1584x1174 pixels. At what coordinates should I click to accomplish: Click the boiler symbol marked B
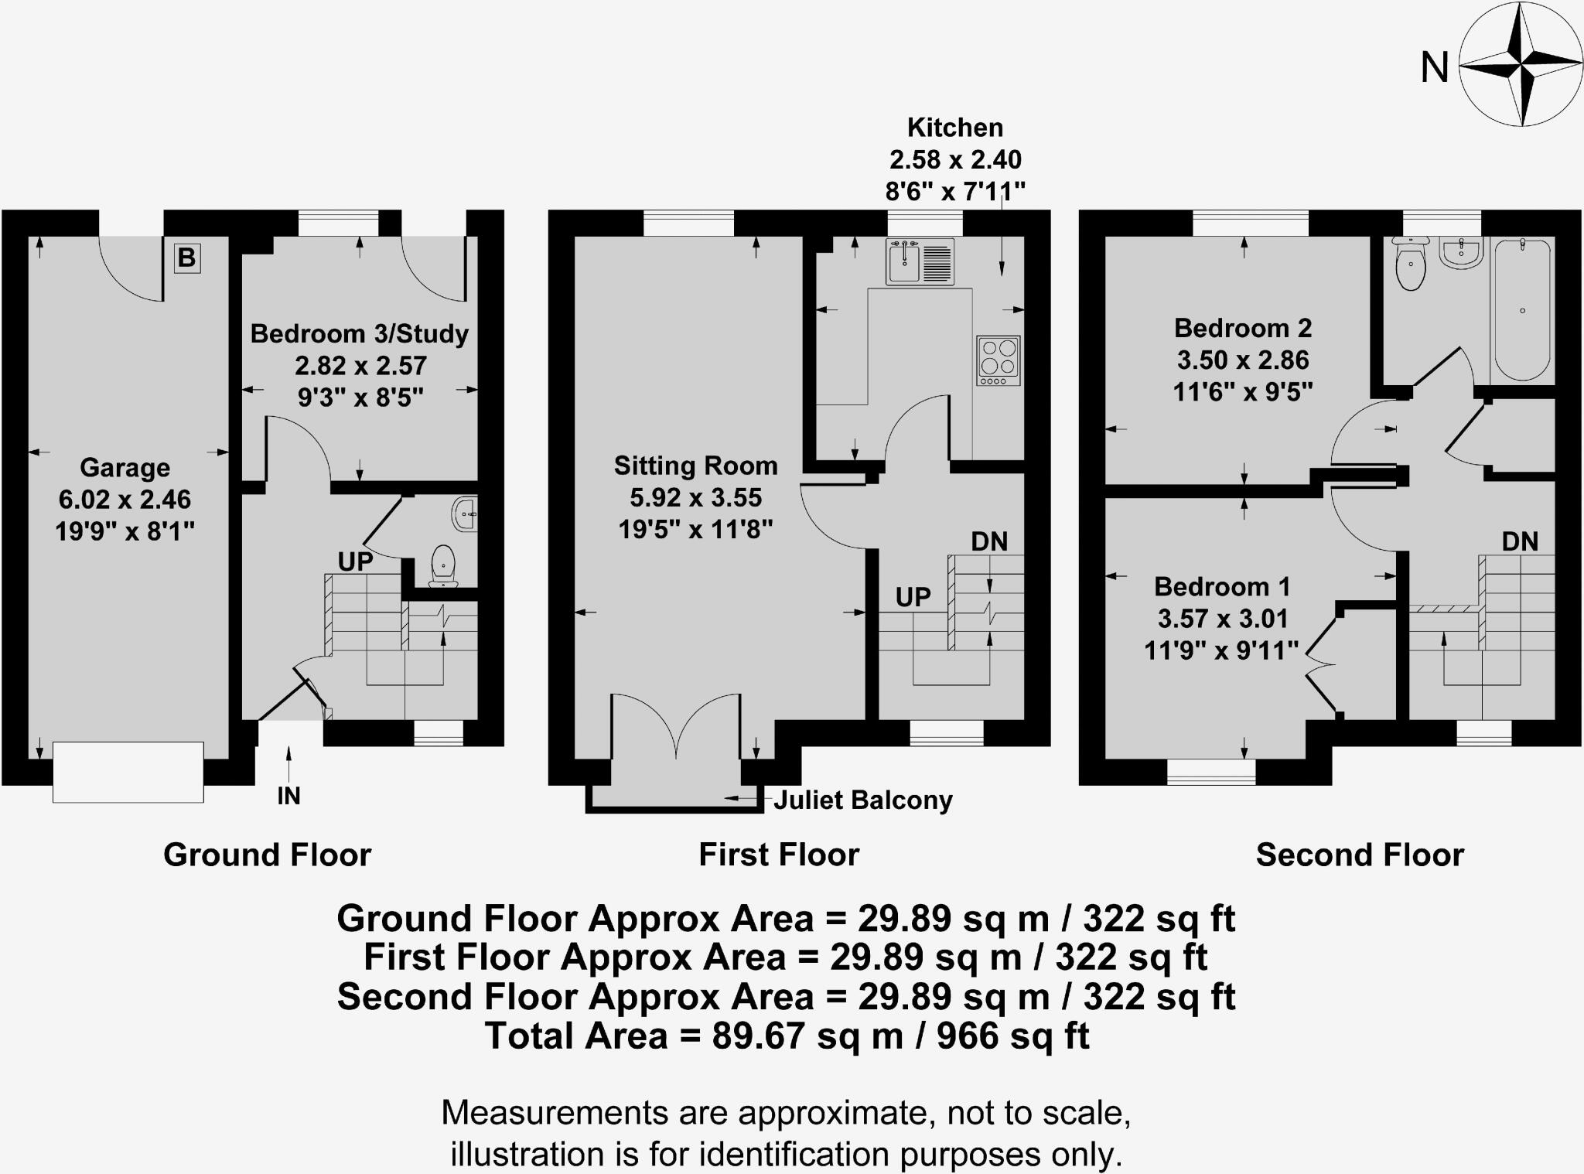tap(186, 258)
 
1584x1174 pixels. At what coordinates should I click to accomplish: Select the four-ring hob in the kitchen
tap(998, 360)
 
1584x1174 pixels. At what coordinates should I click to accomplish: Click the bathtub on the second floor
tap(1521, 310)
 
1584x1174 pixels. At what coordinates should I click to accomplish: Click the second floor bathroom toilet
tap(1412, 264)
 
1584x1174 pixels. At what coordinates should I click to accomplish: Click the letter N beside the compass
tap(1434, 68)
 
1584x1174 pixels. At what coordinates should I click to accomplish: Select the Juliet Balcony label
tap(862, 800)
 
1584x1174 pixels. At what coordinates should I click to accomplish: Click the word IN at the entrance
tap(288, 796)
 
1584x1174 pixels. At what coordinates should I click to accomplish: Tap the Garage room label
tap(125, 467)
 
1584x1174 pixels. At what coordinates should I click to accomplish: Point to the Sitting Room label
tap(695, 466)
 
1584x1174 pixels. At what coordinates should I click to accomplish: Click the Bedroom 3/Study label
tap(360, 333)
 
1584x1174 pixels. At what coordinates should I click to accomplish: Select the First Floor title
tap(779, 855)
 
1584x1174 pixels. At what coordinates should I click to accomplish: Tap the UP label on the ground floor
tap(355, 561)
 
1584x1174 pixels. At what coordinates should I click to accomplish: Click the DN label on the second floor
tap(1520, 541)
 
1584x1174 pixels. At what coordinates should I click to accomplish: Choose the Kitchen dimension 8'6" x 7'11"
tap(955, 190)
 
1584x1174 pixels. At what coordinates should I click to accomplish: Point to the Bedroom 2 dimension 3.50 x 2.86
tap(1243, 360)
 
